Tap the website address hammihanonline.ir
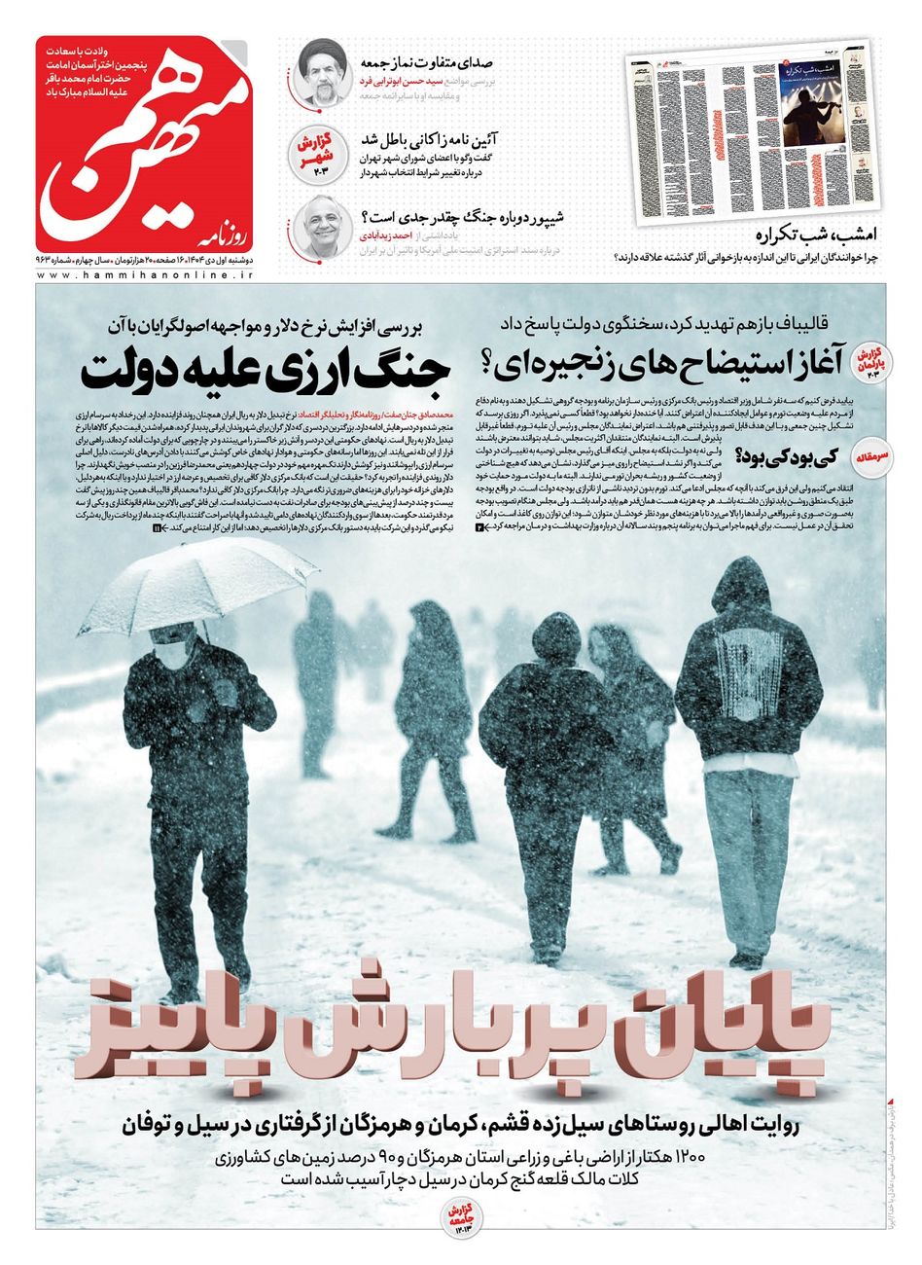point(145,277)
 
